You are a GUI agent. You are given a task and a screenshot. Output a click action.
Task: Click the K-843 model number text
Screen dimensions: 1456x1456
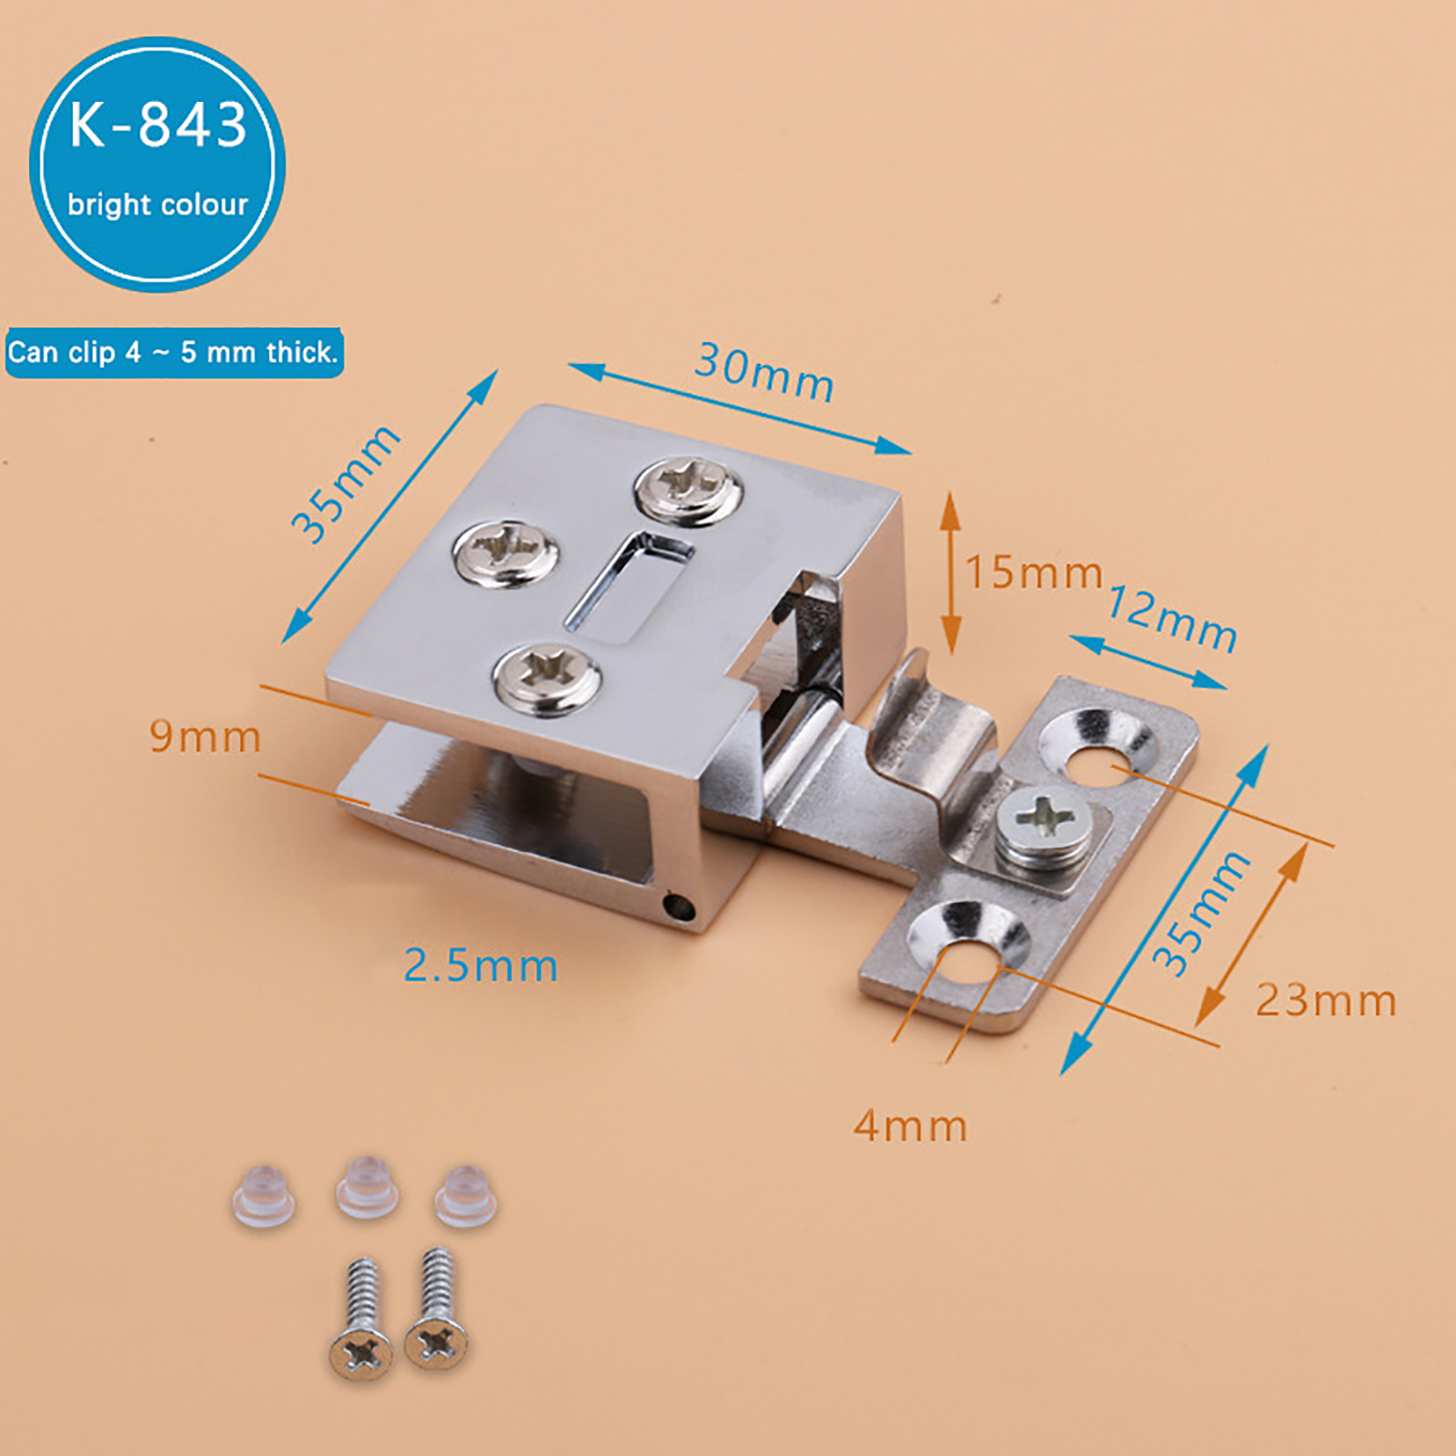158,125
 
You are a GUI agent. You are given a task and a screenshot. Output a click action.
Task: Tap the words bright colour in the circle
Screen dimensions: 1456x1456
157,204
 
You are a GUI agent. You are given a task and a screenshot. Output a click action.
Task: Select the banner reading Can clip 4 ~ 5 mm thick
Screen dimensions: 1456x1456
174,352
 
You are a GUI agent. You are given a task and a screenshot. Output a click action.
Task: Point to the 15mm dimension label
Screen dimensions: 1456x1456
1034,572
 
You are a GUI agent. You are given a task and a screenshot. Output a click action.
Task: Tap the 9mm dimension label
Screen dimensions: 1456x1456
206,736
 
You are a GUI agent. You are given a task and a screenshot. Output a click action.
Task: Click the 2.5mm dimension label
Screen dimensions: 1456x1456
480,966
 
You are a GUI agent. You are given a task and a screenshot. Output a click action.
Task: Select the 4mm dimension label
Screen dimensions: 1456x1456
910,1127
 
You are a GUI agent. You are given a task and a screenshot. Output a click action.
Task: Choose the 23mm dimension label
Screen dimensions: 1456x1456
1326,1000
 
